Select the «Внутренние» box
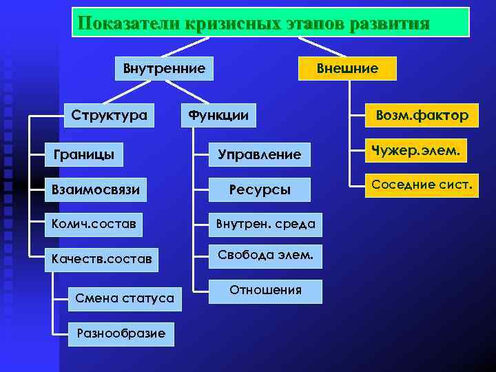tap(164, 69)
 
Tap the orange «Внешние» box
tap(347, 69)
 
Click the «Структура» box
tap(109, 115)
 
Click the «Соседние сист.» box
tap(422, 185)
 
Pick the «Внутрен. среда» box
tap(265, 224)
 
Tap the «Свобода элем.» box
tap(265, 256)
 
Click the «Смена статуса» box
tap(125, 298)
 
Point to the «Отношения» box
tap(265, 291)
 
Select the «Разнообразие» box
tap(121, 333)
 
